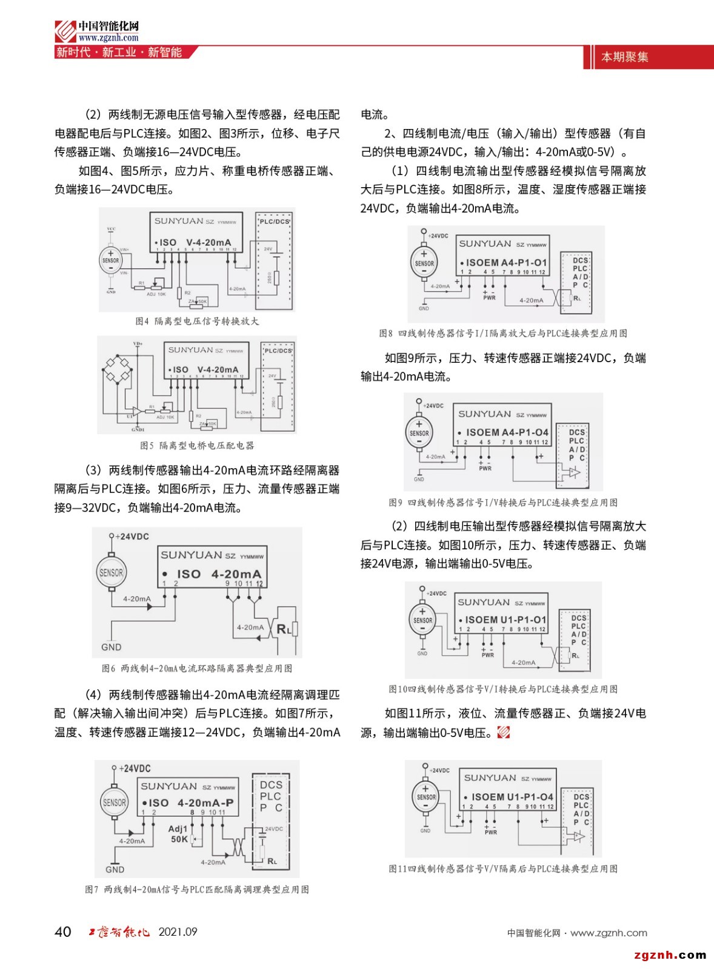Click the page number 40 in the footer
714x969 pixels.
[62, 931]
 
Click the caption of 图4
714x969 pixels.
[197, 321]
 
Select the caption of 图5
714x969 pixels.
[197, 446]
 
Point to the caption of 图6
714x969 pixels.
[197, 669]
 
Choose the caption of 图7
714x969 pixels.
[197, 890]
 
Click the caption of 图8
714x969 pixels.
[503, 333]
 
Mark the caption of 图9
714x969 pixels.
[503, 503]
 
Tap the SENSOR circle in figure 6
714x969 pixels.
[111, 572]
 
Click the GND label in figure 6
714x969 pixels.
[111, 647]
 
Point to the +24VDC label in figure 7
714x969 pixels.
[134, 769]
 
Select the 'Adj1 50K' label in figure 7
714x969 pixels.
[179, 834]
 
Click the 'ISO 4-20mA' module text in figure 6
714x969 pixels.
[219, 574]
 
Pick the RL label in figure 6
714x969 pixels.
[284, 629]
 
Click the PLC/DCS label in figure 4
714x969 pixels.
[275, 222]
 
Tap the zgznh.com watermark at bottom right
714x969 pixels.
[670, 955]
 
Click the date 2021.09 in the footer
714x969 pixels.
[178, 932]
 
